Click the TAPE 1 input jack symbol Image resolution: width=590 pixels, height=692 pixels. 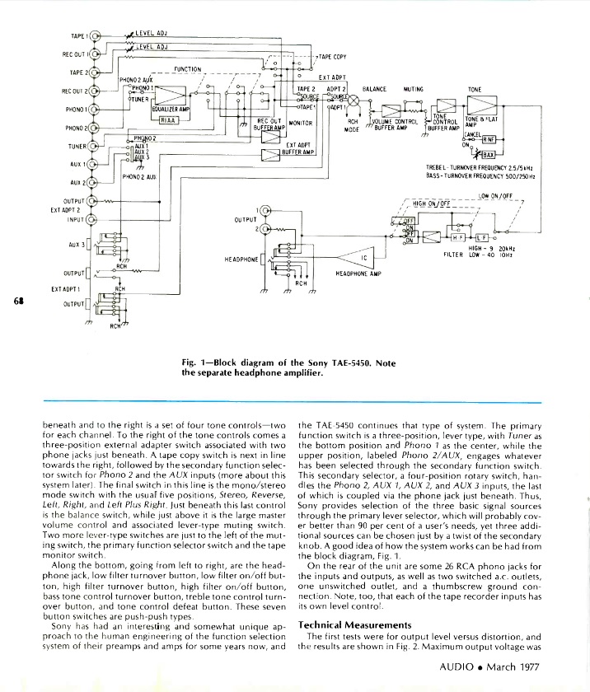coord(96,36)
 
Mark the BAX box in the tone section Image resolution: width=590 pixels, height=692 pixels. coord(489,154)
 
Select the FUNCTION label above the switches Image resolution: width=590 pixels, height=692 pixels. coord(188,69)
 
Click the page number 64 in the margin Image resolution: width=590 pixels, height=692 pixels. coord(18,300)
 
